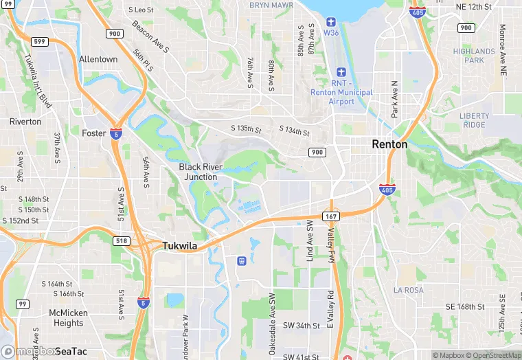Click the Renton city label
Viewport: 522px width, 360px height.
click(389, 144)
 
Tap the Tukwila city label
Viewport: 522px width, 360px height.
click(184, 245)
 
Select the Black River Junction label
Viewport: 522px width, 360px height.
click(201, 172)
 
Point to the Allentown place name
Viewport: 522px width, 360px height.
click(98, 60)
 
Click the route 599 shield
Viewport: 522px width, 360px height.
click(39, 42)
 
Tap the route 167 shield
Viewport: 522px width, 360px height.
click(332, 216)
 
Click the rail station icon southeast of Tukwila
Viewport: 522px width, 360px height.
click(241, 260)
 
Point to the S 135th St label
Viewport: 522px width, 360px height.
click(247, 129)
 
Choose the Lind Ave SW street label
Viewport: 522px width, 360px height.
click(310, 241)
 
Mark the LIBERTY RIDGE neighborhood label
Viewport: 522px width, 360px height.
click(475, 120)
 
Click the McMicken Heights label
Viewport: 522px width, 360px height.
click(69, 318)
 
